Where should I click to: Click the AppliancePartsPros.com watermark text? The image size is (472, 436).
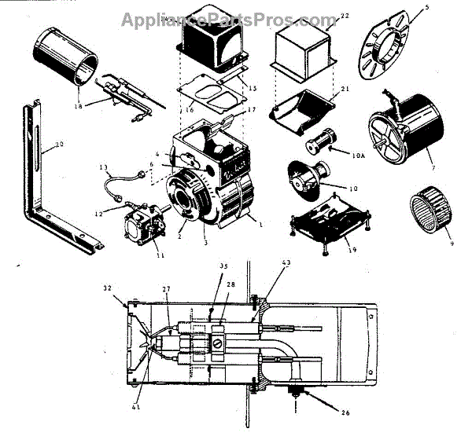[229, 20]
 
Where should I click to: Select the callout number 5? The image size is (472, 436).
[427, 9]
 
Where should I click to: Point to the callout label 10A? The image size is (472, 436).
[359, 157]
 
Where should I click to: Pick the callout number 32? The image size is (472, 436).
[108, 288]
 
